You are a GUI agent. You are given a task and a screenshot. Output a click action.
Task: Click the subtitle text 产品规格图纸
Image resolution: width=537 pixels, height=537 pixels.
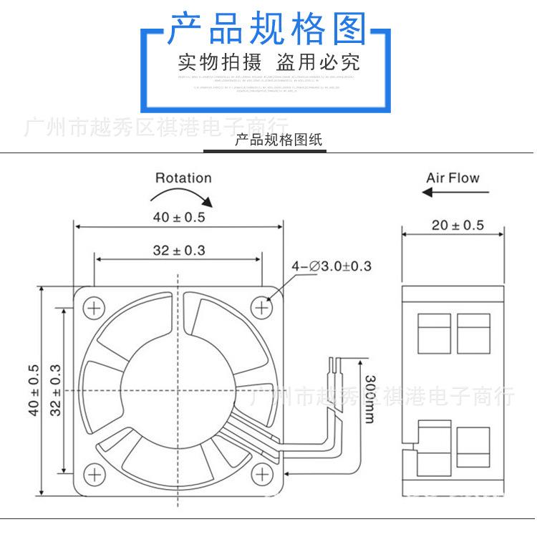coord(279,140)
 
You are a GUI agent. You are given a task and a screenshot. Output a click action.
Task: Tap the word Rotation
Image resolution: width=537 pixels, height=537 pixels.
coord(183,178)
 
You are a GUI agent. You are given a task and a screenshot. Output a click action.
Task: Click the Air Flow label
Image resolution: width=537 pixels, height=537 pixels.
coord(453,178)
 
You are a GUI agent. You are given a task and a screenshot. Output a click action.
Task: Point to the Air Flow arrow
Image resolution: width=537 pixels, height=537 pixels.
coord(455,192)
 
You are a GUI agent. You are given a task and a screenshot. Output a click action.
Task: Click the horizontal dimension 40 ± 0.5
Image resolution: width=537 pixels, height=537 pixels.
coord(178,217)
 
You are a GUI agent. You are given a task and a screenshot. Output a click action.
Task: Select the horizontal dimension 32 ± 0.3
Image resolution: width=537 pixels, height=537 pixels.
coord(178,251)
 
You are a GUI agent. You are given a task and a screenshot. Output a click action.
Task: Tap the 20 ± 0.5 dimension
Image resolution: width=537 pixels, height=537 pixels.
coord(458,225)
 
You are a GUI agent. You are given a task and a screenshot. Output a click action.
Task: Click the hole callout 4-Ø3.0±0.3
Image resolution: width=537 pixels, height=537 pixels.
coord(332,266)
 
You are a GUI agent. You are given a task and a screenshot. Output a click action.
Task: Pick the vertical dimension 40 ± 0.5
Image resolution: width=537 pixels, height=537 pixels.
coord(33,390)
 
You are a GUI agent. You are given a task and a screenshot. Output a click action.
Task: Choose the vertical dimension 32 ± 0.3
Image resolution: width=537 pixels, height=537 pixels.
coord(57,390)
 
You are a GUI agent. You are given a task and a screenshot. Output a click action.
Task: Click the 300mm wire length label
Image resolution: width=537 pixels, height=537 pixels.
coord(369,397)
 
